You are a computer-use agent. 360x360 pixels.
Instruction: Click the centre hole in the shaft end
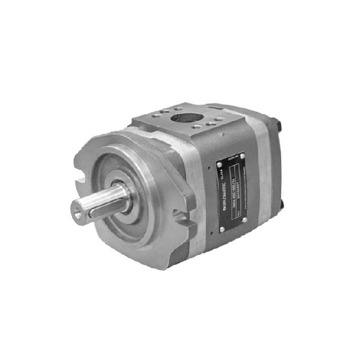(x=77, y=211)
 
